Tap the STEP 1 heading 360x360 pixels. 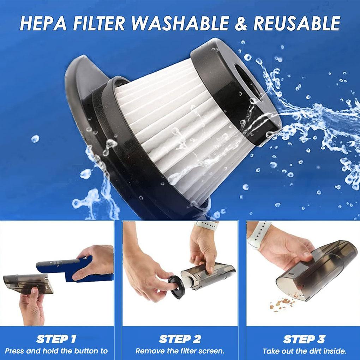(56, 340)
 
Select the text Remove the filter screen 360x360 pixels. (180, 351)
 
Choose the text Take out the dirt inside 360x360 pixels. (304, 351)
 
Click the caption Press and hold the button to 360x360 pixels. (56, 351)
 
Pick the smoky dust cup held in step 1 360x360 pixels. (28, 282)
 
